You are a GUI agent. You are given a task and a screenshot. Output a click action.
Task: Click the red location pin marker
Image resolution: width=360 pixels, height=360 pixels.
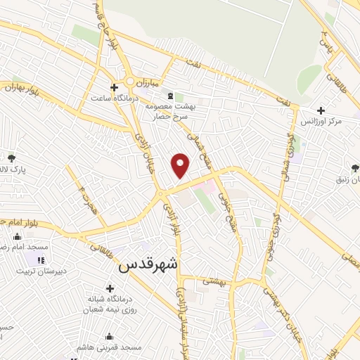tap(181, 166)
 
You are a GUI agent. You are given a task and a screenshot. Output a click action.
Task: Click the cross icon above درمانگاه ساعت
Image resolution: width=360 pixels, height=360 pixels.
tap(124, 88)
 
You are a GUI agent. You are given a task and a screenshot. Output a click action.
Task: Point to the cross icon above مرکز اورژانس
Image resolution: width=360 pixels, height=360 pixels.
tap(321, 110)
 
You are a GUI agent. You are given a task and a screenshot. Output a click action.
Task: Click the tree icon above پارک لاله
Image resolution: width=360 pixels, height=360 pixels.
tap(12, 158)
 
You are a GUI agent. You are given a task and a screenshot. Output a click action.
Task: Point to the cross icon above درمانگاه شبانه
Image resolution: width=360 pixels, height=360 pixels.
tap(110, 288)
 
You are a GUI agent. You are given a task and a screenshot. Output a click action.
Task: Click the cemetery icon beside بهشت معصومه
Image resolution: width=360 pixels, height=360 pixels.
tap(169, 95)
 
